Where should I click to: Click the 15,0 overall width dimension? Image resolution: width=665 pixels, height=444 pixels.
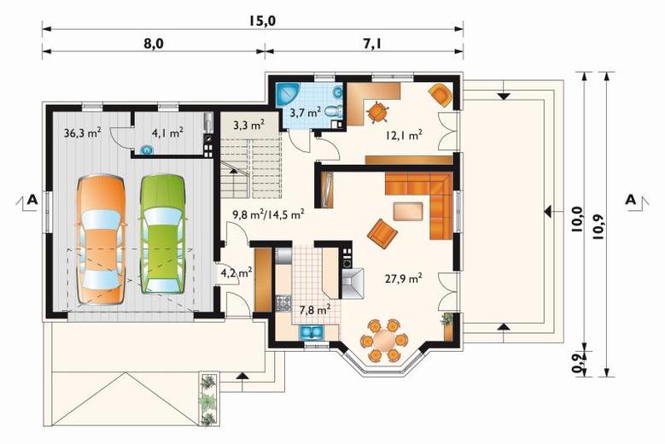[263, 20]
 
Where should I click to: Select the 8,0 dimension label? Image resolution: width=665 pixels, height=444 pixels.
[153, 44]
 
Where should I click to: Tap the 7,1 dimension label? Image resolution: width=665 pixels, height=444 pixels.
[371, 44]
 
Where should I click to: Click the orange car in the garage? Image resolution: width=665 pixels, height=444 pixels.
[101, 241]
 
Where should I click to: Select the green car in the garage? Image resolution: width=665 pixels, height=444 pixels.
[163, 234]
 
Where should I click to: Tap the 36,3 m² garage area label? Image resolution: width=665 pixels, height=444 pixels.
[82, 132]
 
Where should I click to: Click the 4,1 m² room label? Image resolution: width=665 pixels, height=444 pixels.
[167, 132]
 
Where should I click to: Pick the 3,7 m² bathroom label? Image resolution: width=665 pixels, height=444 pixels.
[305, 113]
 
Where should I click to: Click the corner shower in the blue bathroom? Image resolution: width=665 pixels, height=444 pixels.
[288, 95]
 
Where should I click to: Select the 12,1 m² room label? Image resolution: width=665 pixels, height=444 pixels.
[404, 135]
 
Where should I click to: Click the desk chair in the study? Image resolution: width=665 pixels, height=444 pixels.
[377, 112]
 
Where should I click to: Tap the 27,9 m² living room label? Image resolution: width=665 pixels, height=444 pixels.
[404, 278]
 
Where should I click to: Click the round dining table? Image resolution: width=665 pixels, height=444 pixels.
[384, 340]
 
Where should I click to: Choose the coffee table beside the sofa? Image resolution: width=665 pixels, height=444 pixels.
[408, 211]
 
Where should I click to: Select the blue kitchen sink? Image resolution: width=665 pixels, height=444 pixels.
[312, 332]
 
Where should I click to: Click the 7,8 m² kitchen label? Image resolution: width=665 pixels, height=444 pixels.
[315, 310]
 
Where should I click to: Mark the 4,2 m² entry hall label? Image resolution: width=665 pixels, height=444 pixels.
[236, 272]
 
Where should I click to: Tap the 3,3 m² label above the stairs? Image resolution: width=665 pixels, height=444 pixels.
[249, 126]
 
